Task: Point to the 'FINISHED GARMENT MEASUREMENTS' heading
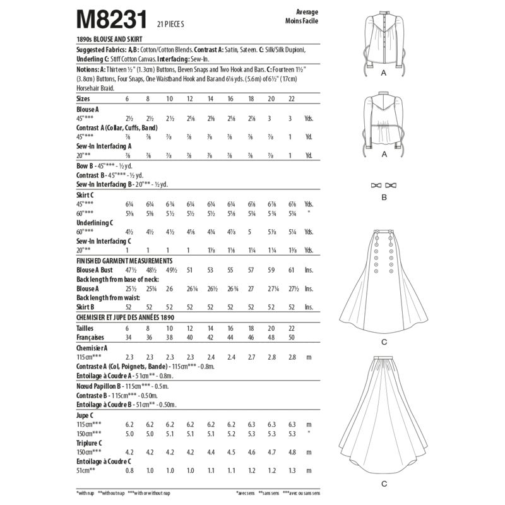tap(124, 260)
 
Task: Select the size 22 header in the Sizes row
tap(291, 99)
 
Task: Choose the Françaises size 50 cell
tap(291, 338)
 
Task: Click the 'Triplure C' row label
tap(90, 443)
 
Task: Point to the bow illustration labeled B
tap(384, 186)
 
